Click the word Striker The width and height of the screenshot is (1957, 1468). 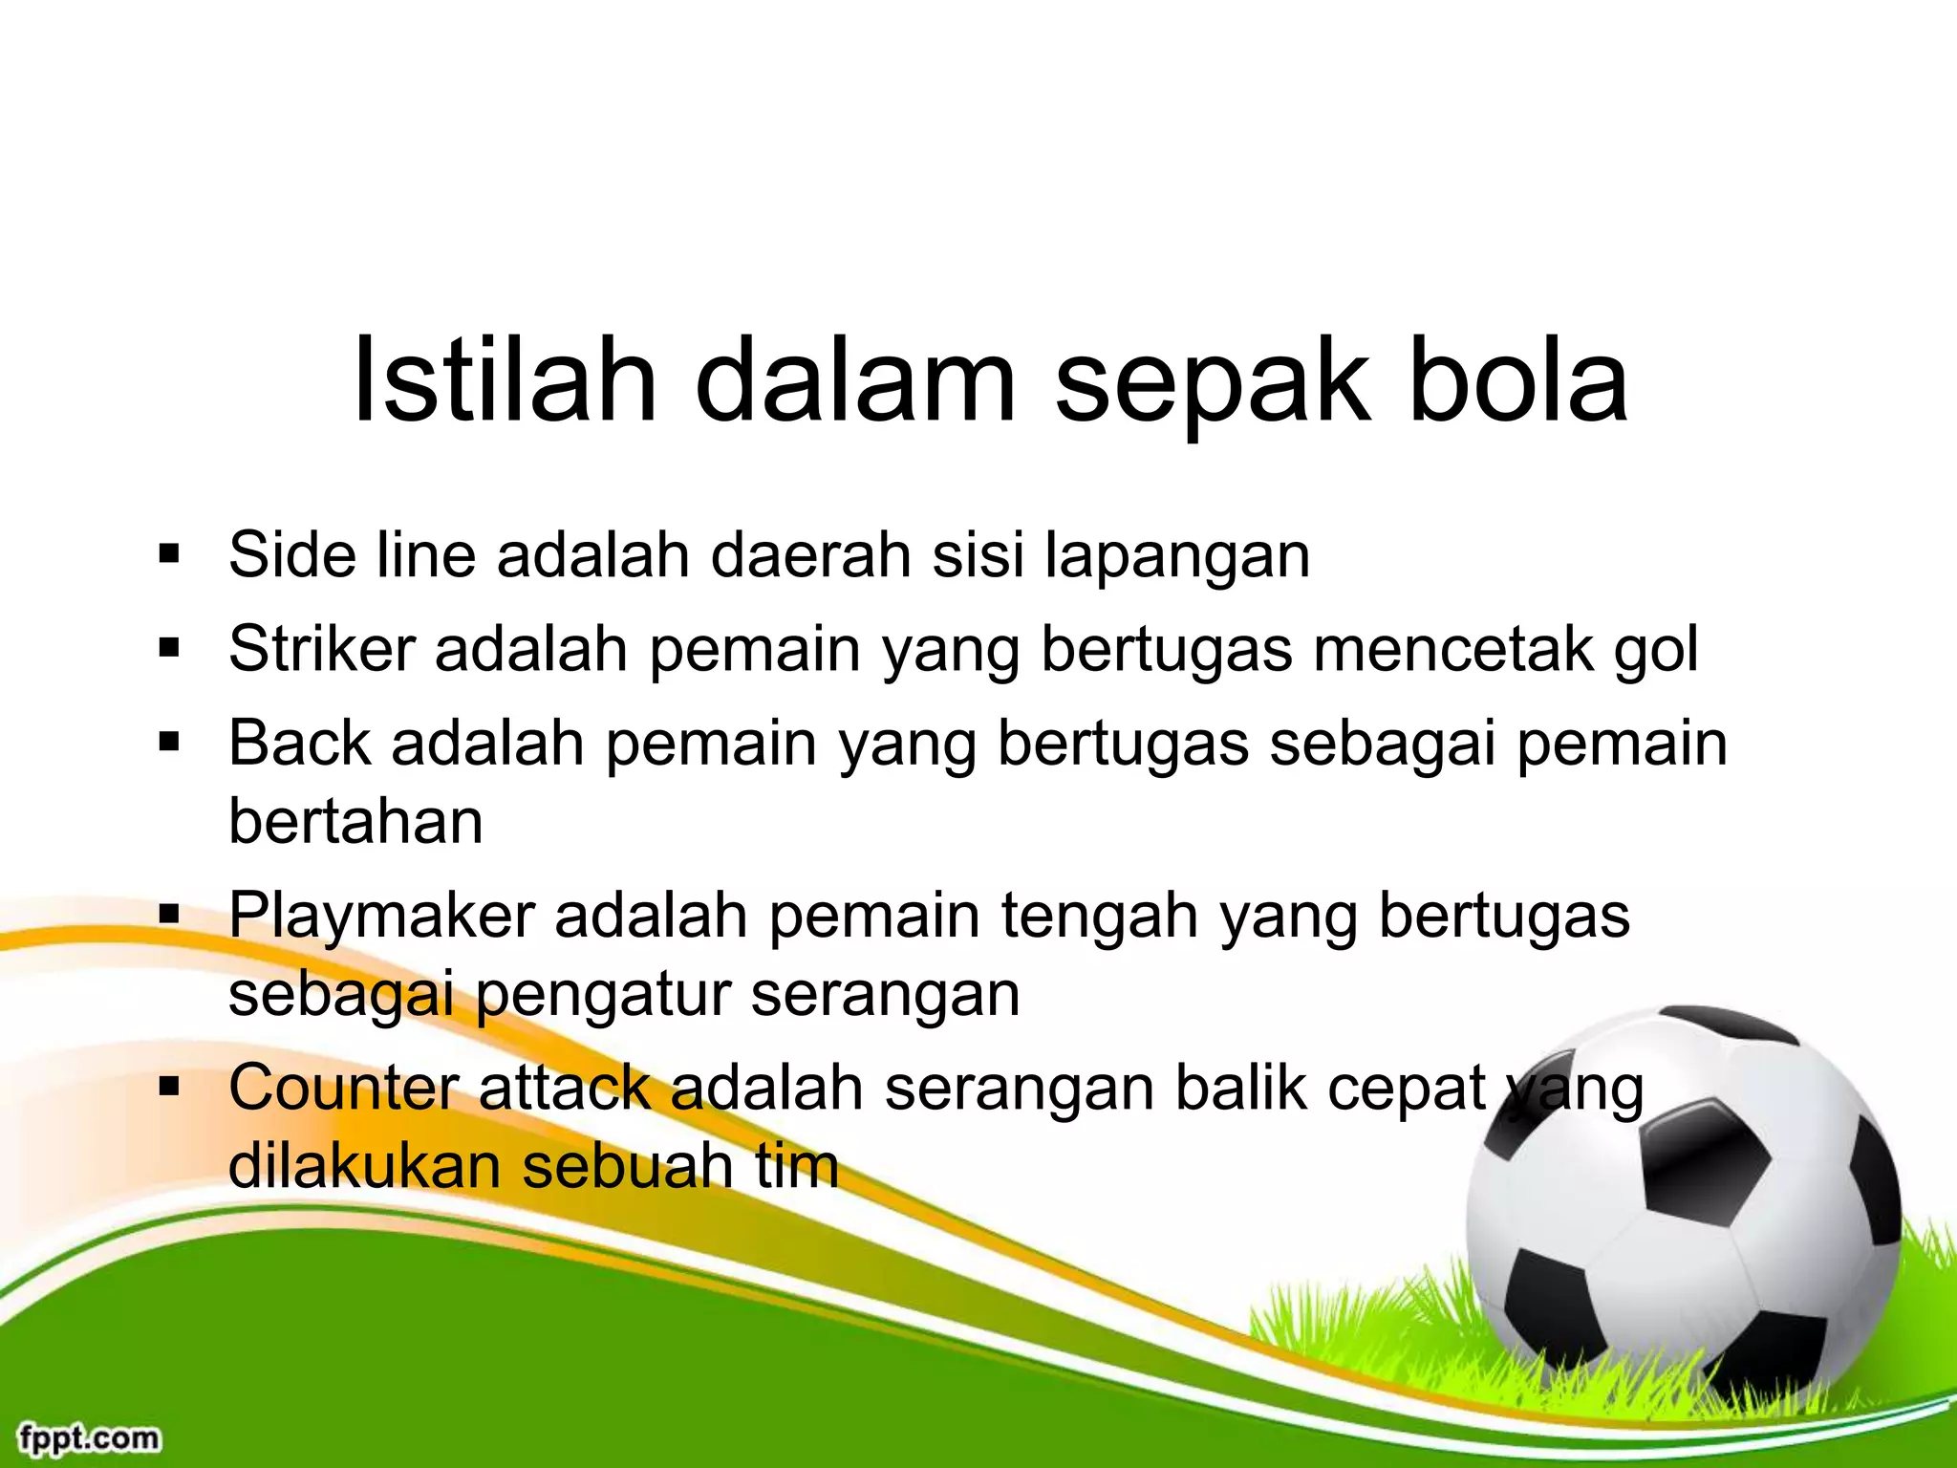click(x=322, y=649)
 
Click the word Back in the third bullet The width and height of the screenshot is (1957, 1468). click(x=299, y=743)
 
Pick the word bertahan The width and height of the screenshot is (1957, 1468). click(x=355, y=822)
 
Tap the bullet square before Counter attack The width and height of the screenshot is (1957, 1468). click(x=170, y=1087)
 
